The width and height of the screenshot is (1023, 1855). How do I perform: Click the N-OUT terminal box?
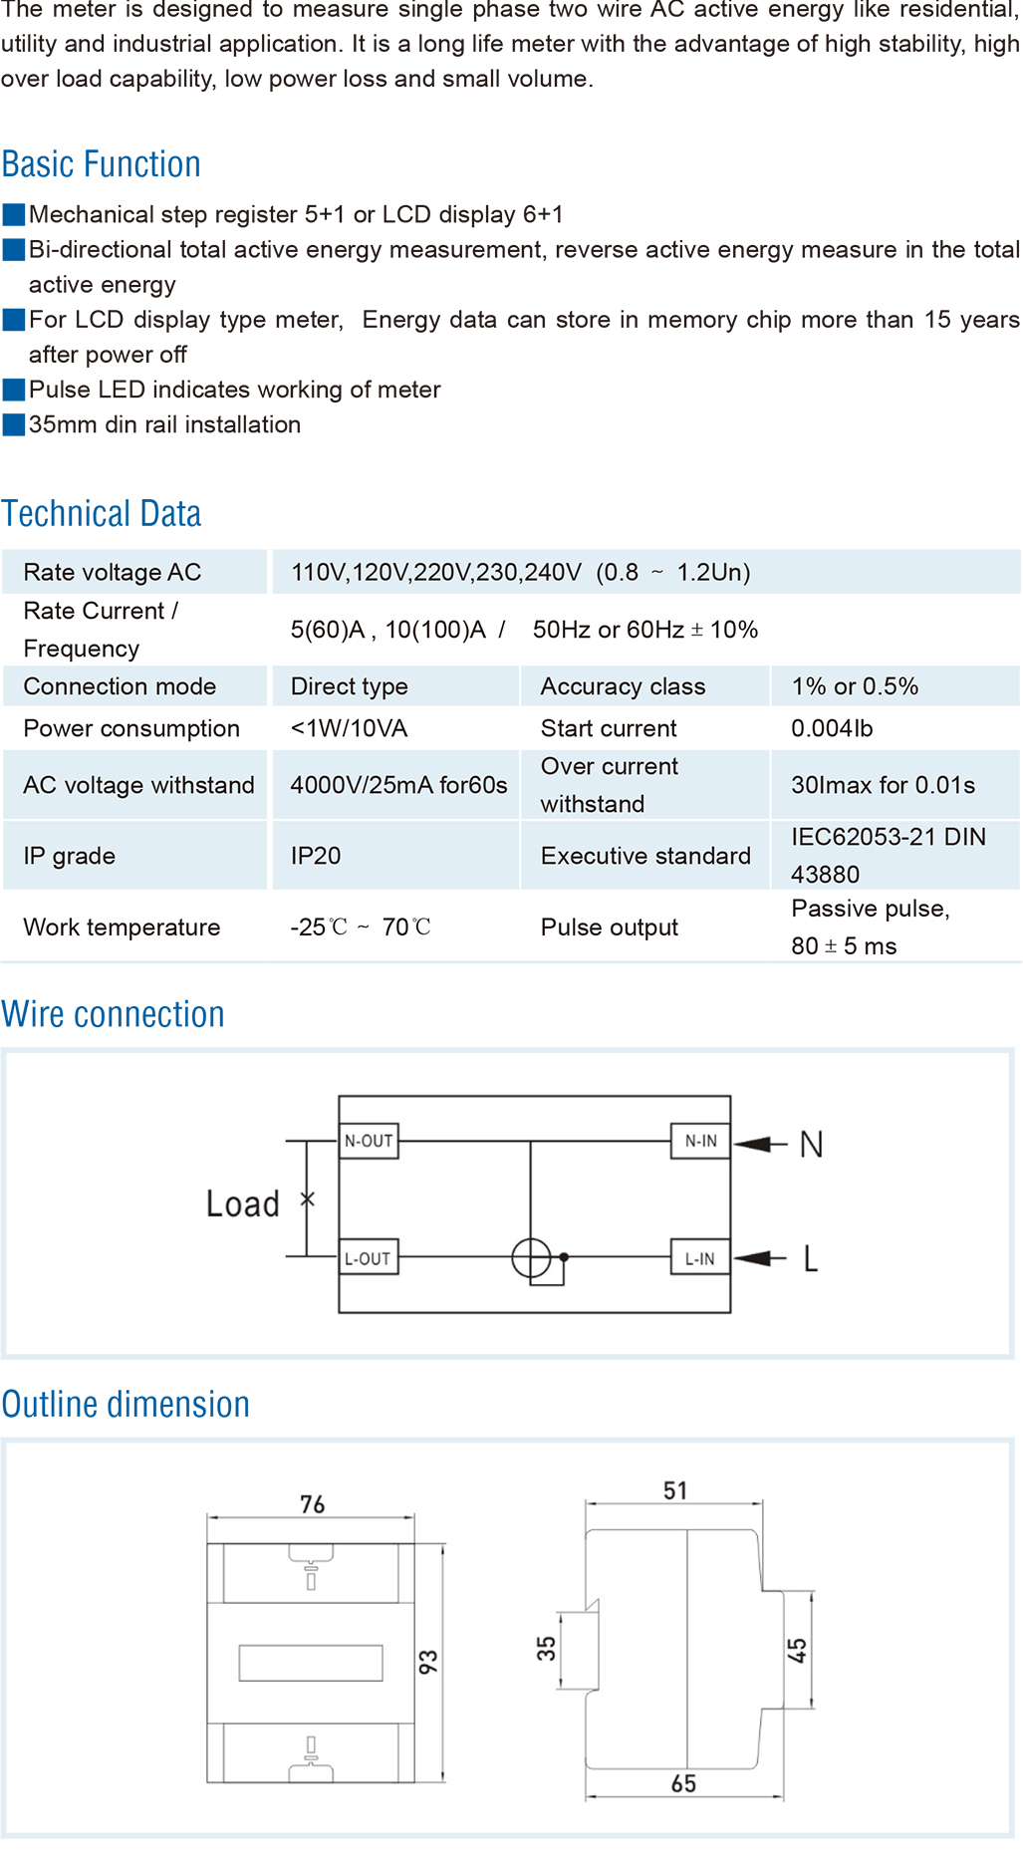369,1141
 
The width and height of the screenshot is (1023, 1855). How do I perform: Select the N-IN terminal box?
700,1141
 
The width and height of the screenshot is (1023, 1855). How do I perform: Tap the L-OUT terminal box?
369,1258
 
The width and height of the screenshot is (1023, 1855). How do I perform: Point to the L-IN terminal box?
700,1258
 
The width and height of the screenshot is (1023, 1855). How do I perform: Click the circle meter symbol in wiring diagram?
531,1258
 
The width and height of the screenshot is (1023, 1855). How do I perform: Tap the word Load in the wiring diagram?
242,1203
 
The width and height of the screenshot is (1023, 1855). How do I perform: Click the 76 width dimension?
312,1504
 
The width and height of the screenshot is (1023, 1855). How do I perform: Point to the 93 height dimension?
428,1662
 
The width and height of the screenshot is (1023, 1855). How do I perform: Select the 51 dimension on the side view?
675,1490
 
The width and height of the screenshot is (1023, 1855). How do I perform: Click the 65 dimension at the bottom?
683,1783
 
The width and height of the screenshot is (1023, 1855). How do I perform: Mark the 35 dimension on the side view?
547,1648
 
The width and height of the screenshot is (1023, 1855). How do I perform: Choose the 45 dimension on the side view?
797,1651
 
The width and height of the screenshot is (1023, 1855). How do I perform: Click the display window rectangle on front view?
311,1662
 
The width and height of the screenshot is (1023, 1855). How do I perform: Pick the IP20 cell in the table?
316,856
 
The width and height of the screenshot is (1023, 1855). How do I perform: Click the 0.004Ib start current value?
832,728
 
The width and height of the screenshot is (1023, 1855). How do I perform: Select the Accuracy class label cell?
623,686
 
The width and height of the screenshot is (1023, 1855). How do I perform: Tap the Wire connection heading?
113,1014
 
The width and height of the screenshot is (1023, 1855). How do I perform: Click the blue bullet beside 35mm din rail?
14,424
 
